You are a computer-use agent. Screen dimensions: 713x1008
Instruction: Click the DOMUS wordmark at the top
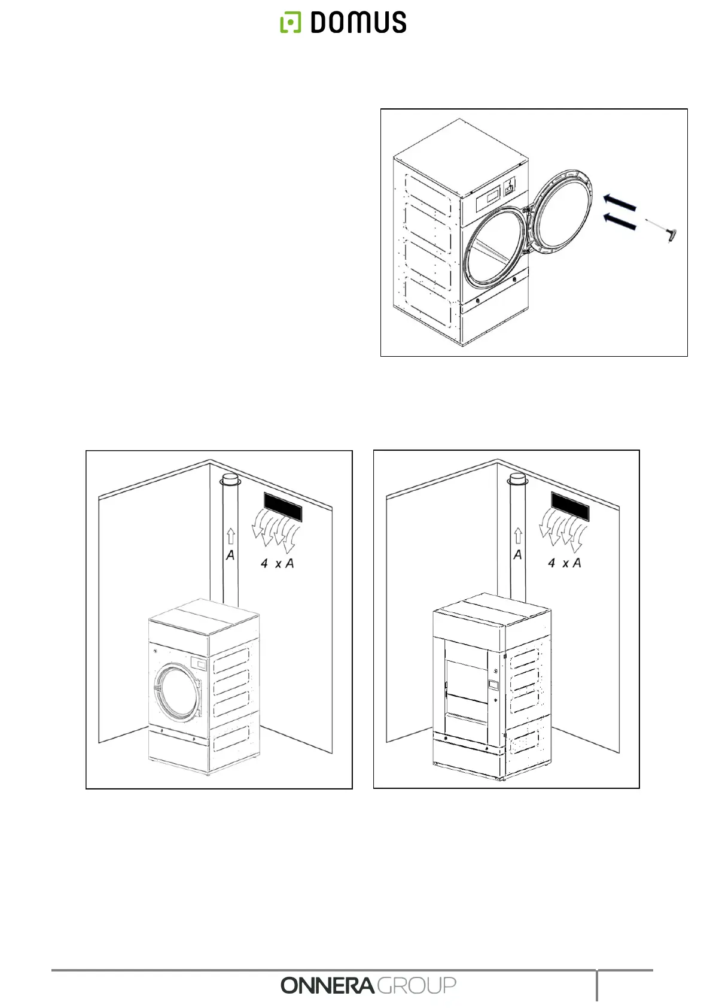358,23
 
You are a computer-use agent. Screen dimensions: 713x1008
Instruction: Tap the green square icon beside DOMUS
291,23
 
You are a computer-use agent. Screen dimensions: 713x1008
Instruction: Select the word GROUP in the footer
416,985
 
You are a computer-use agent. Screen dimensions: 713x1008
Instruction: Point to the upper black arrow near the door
619,202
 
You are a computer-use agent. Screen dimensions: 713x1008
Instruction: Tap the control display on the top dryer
492,198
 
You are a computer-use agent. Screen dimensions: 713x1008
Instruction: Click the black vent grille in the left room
282,508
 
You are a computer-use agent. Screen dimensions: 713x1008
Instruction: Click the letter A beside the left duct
230,555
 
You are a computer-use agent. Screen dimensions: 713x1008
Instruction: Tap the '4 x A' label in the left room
277,563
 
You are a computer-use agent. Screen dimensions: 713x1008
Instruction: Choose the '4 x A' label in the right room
564,563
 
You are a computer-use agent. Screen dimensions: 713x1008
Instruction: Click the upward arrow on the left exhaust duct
231,537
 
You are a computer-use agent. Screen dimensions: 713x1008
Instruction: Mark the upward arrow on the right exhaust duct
518,536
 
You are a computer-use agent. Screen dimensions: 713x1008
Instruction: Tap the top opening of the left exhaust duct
230,479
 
